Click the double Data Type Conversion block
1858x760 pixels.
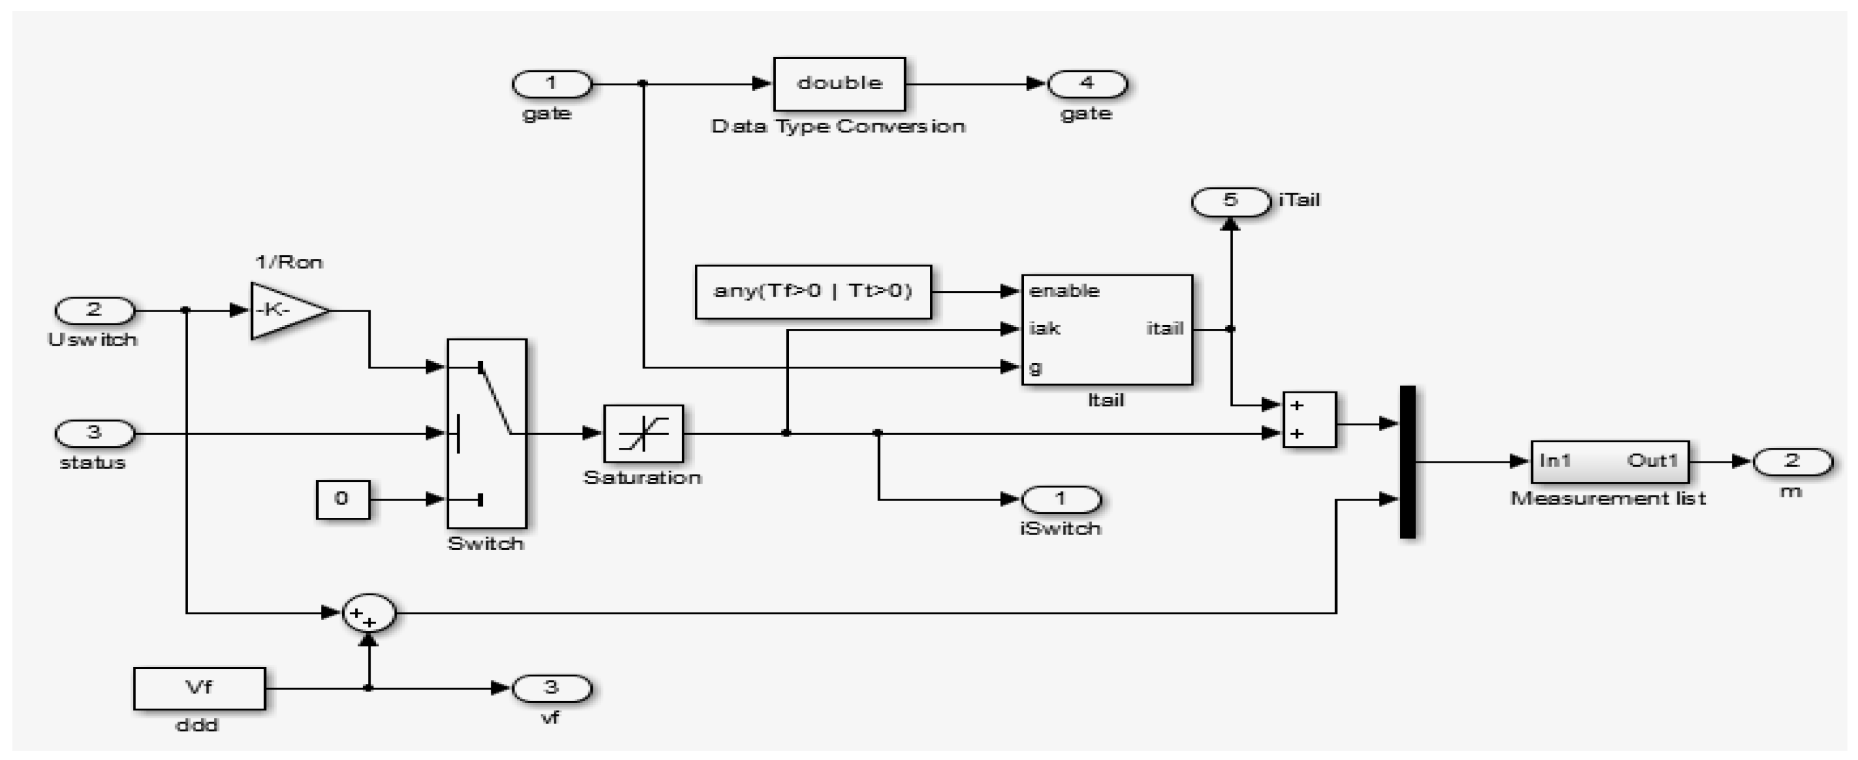pos(839,84)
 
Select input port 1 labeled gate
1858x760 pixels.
pos(552,84)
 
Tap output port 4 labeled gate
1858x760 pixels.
pos(1087,84)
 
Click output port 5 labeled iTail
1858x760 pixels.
pos(1231,201)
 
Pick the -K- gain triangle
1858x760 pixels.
pos(284,311)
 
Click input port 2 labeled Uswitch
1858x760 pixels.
pos(95,311)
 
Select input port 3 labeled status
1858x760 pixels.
pos(95,434)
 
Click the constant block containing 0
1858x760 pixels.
pos(343,499)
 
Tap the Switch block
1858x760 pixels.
pos(487,434)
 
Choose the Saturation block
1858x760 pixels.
pos(643,434)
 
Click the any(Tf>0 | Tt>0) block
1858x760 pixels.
pos(813,292)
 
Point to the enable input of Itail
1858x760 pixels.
pos(1063,292)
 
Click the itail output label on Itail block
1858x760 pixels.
pos(1165,329)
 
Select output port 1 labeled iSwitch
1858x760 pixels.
pos(1061,499)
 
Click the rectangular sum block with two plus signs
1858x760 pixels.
pos(1309,420)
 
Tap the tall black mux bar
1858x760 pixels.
pos(1407,462)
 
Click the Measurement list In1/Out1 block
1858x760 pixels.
pos(1609,462)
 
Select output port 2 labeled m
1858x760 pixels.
pos(1792,462)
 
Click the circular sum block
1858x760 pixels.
pos(369,613)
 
